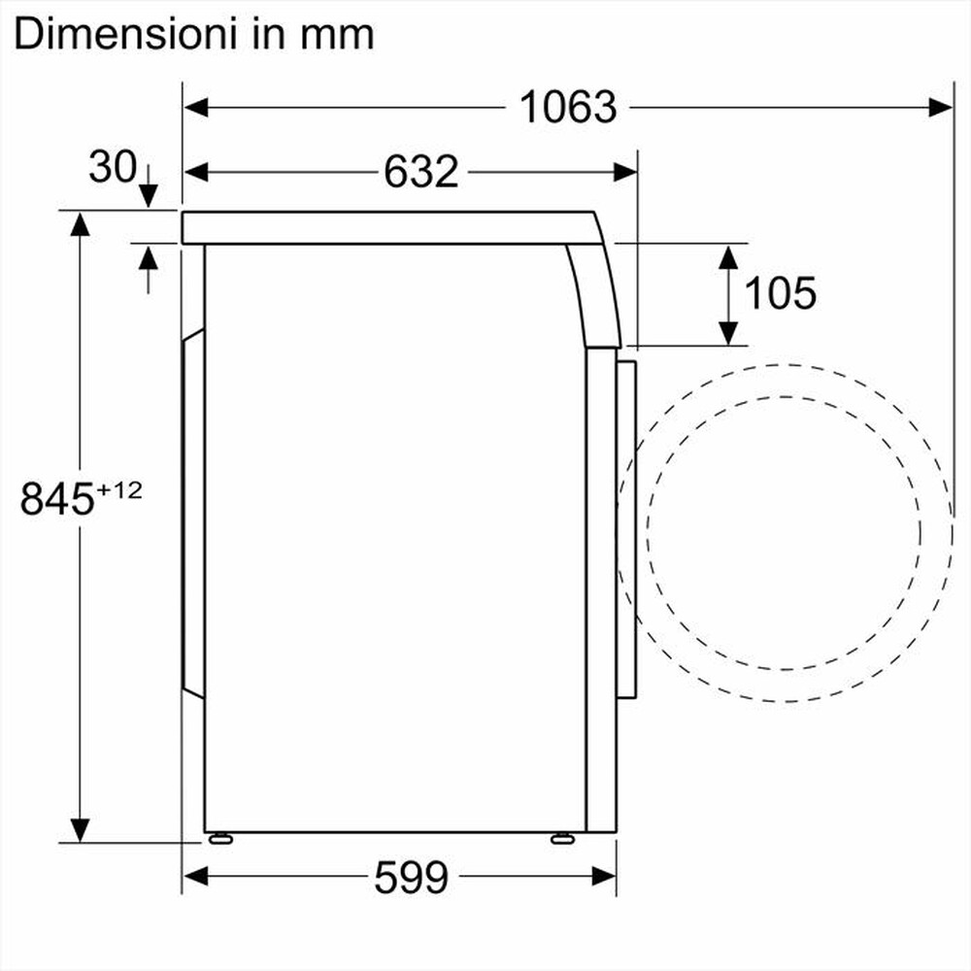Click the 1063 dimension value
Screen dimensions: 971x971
pyautogui.click(x=568, y=107)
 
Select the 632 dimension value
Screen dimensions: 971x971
pyautogui.click(x=420, y=172)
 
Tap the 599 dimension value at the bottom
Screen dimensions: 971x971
pyautogui.click(x=411, y=879)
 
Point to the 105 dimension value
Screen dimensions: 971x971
pyautogui.click(x=780, y=292)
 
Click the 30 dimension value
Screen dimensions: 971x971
pyautogui.click(x=112, y=167)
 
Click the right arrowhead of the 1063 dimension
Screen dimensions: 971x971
pyautogui.click(x=941, y=107)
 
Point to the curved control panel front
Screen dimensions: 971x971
pyautogui.click(x=595, y=291)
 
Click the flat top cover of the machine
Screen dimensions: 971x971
pyautogui.click(x=388, y=226)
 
